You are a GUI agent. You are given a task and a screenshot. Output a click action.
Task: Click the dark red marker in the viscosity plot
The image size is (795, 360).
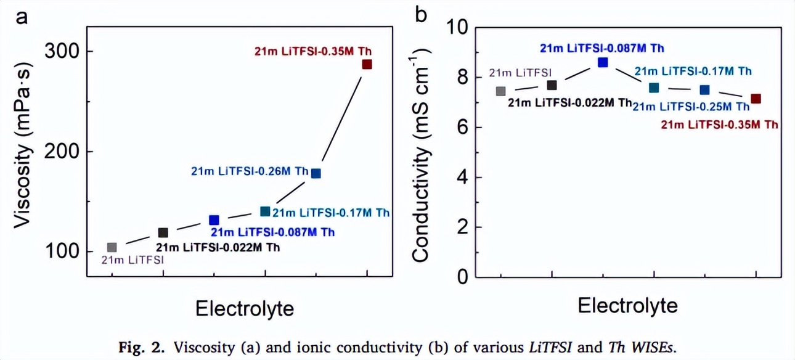click(x=367, y=64)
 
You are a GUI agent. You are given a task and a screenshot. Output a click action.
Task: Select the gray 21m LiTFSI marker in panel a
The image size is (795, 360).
click(x=112, y=247)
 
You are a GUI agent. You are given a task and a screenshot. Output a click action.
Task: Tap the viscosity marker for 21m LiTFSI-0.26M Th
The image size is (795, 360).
click(x=316, y=173)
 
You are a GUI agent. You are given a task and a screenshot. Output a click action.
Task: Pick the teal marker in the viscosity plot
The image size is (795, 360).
click(x=265, y=211)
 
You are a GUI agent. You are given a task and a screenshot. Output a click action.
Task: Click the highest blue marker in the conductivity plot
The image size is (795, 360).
click(x=603, y=62)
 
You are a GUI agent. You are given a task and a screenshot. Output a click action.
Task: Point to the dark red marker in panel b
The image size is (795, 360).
click(x=756, y=99)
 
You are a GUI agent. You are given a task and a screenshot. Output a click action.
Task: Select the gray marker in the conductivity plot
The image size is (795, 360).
click(x=500, y=91)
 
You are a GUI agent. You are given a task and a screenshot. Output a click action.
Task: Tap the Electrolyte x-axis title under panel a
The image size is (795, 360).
click(x=245, y=308)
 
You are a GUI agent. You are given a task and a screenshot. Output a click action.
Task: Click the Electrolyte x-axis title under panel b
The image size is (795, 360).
click(x=628, y=306)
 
